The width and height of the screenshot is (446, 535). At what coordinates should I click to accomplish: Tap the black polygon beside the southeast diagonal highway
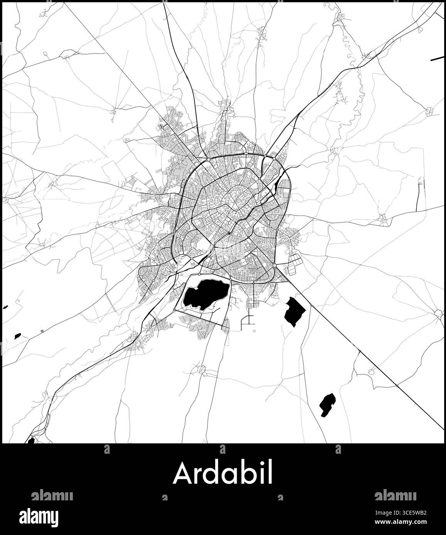[294, 311]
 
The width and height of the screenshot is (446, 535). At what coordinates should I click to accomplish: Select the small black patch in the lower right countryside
[327, 404]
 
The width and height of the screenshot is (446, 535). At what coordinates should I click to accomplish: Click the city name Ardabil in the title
[223, 473]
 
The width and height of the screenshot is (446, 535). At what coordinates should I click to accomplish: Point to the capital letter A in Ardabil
[182, 473]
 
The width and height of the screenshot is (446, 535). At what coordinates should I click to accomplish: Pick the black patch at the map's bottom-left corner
[31, 440]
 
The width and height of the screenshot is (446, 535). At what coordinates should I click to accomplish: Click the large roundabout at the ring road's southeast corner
[274, 266]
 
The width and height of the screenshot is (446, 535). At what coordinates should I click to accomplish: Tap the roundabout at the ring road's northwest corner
[208, 159]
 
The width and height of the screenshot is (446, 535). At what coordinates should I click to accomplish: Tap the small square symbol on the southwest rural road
[42, 330]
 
